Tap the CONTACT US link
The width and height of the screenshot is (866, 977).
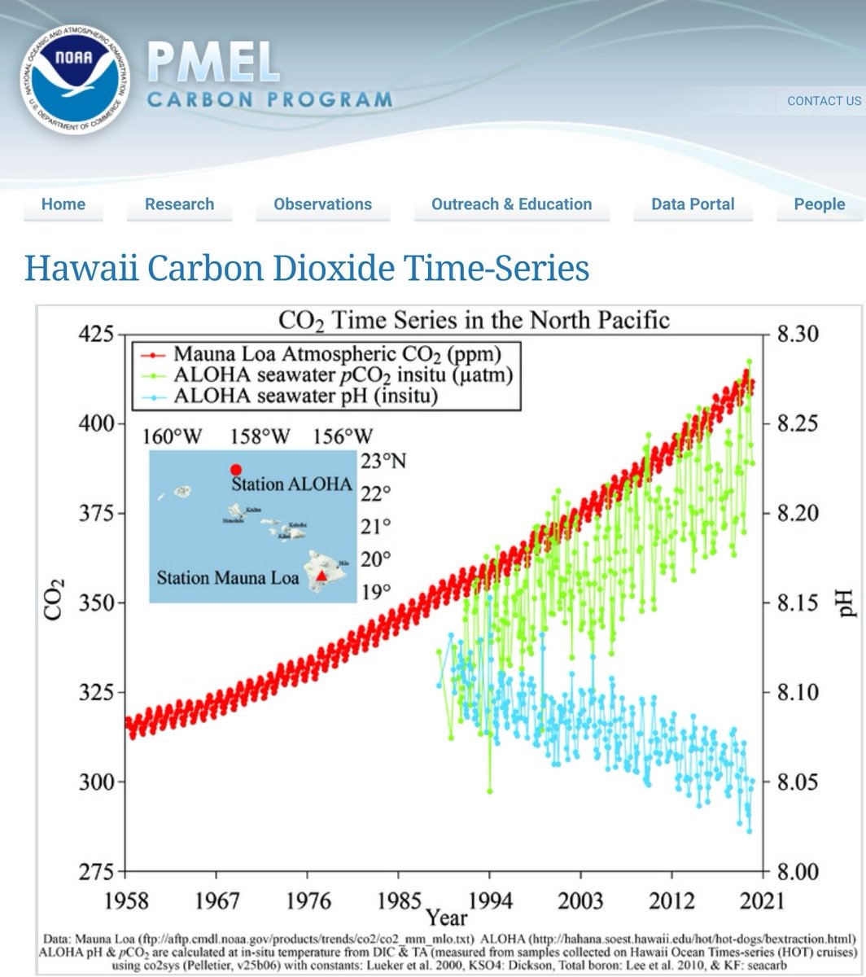[x=824, y=101]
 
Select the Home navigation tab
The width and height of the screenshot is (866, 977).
[x=63, y=204]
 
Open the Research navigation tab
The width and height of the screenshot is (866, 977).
[x=179, y=204]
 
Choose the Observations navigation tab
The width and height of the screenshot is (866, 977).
[x=322, y=204]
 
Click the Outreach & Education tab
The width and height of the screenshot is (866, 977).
[x=511, y=204]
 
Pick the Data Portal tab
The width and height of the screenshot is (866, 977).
[x=693, y=204]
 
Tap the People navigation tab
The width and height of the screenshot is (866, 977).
[x=819, y=204]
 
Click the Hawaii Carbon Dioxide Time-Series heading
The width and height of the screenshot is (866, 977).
[x=307, y=268]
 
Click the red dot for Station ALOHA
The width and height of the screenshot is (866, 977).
[x=236, y=470]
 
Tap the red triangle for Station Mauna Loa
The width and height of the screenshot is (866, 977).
[x=322, y=576]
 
